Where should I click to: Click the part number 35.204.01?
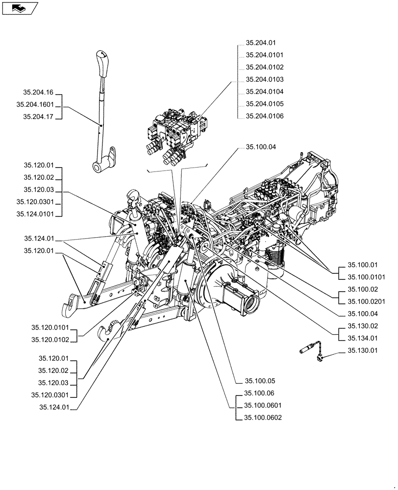pyautogui.click(x=260, y=43)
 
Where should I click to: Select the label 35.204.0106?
pyautogui.click(x=264, y=116)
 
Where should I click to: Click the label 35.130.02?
pyautogui.click(x=363, y=326)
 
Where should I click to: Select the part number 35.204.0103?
pyautogui.click(x=264, y=79)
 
